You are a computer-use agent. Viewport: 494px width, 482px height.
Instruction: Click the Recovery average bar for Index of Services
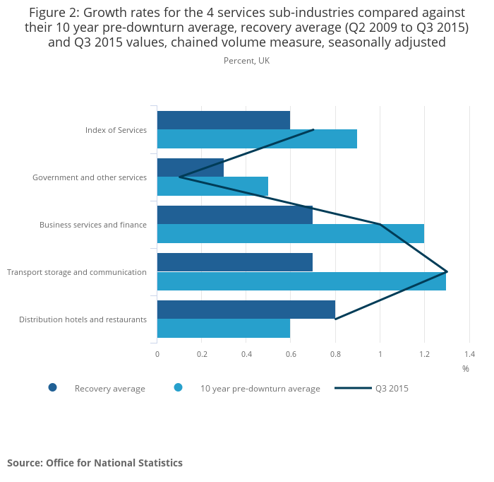click(x=223, y=120)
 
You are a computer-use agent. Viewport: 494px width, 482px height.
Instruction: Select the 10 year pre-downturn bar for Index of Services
click(x=257, y=139)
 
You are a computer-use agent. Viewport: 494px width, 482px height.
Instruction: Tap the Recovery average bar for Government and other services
click(x=190, y=167)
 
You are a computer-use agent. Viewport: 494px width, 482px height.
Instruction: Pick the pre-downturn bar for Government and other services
click(x=212, y=187)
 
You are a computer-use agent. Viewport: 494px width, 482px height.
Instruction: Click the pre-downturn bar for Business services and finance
click(x=290, y=234)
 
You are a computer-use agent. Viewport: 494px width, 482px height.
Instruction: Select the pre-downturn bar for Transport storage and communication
click(x=301, y=281)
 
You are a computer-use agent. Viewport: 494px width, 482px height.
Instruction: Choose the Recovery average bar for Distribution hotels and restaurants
click(x=246, y=310)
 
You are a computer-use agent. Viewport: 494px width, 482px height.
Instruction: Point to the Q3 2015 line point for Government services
click(x=179, y=177)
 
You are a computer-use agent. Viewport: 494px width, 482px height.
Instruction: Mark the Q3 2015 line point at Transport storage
click(x=447, y=271)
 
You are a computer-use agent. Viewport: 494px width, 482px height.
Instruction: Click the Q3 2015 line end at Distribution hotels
click(x=335, y=319)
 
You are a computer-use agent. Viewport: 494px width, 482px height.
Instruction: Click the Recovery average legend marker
click(x=52, y=387)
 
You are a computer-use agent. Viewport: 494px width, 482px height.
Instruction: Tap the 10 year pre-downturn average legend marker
click(x=178, y=387)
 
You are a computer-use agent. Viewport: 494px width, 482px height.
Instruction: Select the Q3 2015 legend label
click(x=392, y=388)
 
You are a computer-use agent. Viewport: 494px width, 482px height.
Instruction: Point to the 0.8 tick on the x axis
click(x=335, y=353)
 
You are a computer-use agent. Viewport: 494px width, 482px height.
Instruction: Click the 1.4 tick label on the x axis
click(x=469, y=353)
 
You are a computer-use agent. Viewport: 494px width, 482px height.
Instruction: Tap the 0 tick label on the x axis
click(x=157, y=353)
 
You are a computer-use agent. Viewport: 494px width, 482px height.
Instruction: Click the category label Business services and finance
click(x=93, y=225)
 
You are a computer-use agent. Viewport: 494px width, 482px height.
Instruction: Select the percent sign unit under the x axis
click(x=466, y=369)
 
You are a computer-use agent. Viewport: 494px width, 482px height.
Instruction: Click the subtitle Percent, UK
click(x=246, y=61)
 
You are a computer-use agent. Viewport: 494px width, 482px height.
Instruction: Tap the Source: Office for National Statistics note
click(x=95, y=463)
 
